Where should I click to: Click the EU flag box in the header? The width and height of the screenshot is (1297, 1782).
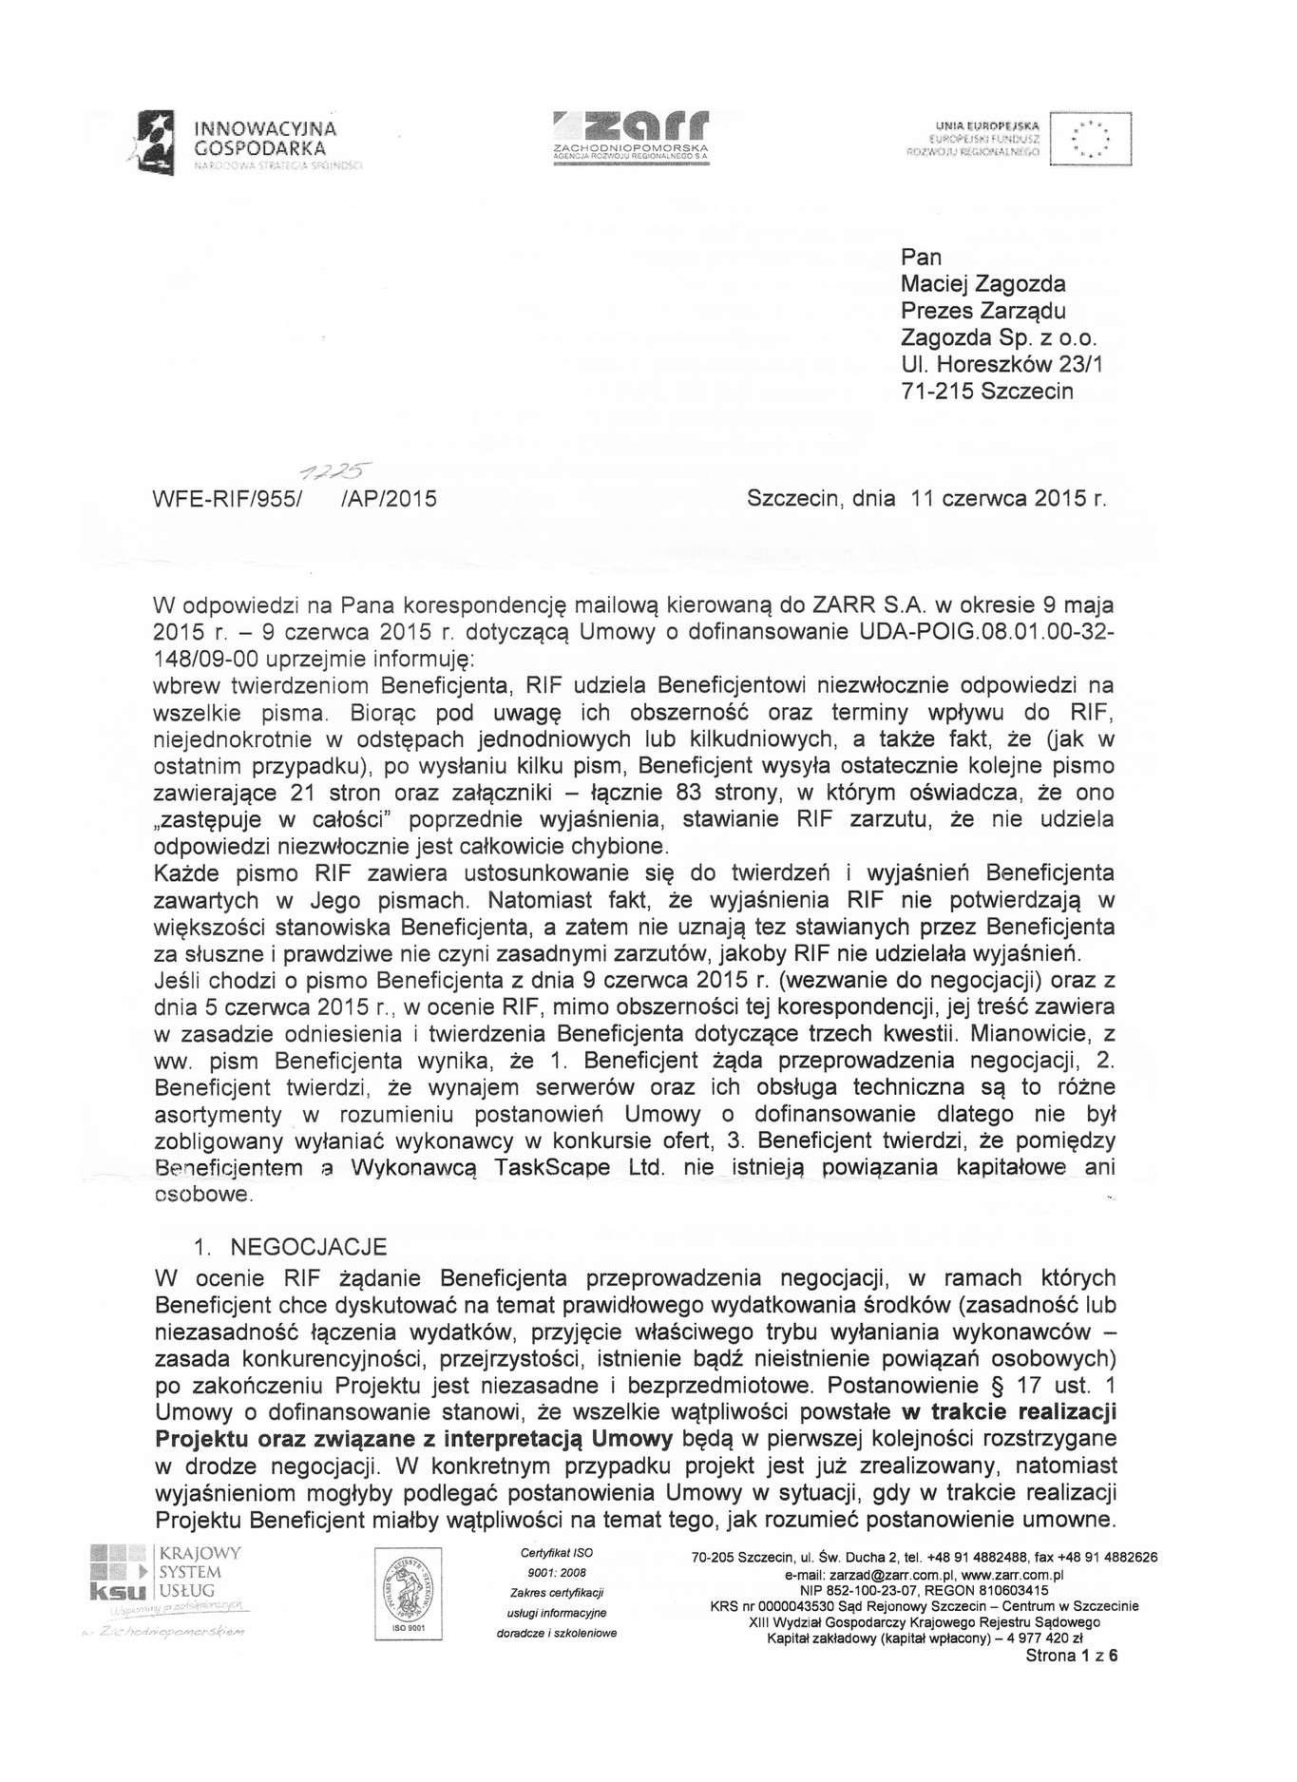1091,140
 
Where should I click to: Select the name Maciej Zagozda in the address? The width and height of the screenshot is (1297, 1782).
982,283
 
